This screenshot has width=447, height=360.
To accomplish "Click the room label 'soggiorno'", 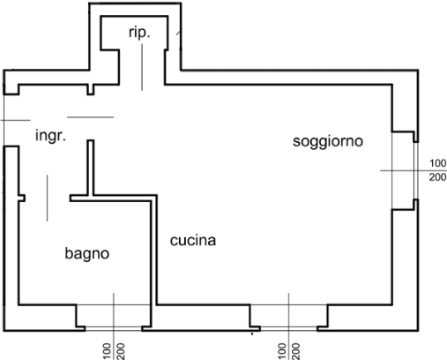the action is click(x=328, y=141).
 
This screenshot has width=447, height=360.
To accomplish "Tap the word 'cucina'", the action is click(x=193, y=240).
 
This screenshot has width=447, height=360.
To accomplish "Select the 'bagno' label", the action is click(x=87, y=253).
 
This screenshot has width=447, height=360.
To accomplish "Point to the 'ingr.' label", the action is click(x=50, y=136).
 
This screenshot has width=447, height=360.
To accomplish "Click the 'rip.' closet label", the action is click(x=139, y=33).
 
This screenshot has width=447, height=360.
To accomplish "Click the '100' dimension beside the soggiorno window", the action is click(x=438, y=163).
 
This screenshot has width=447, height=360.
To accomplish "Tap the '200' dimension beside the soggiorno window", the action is click(x=438, y=177).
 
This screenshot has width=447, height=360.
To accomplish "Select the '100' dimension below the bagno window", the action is click(x=108, y=351).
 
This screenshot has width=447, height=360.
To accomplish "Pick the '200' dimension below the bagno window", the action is click(x=121, y=351).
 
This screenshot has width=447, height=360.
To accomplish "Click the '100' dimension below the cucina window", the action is click(x=281, y=351).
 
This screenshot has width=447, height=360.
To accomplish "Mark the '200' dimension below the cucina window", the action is click(x=295, y=351).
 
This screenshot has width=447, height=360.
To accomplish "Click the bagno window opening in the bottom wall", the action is click(x=114, y=328).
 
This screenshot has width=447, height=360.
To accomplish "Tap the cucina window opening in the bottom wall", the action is click(x=288, y=328).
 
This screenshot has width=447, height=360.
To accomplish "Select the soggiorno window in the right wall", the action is click(x=415, y=170).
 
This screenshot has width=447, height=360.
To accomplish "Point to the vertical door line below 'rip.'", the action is click(x=142, y=67).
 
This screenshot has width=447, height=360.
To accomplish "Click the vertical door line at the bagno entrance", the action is click(x=48, y=198).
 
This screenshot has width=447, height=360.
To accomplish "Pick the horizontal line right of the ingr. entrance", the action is click(x=91, y=117).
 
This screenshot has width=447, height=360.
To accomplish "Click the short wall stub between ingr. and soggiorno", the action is click(x=91, y=168).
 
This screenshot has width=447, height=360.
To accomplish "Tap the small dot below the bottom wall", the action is click(x=252, y=334).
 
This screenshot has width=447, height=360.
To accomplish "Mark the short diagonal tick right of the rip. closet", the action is click(x=179, y=32).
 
